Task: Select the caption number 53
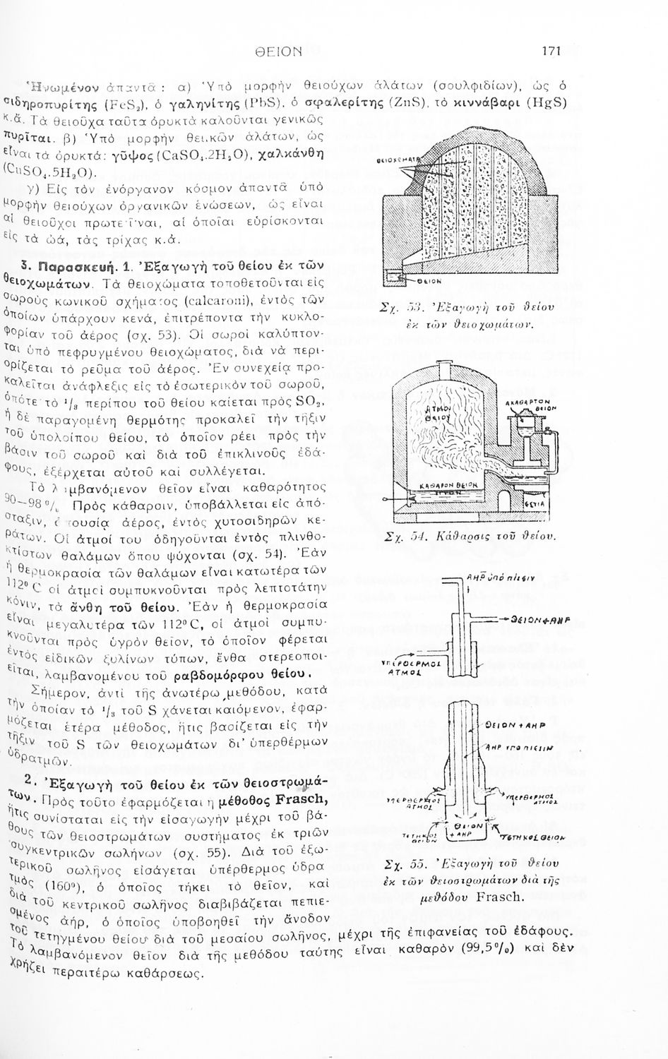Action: [415, 306]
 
